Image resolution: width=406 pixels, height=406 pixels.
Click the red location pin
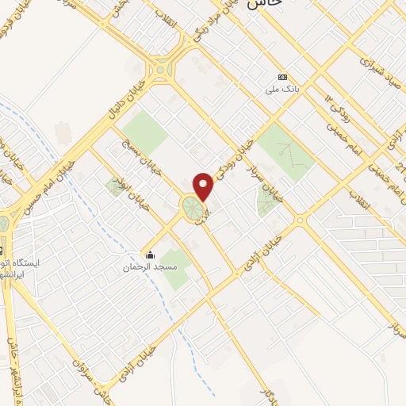pyautogui.click(x=204, y=186)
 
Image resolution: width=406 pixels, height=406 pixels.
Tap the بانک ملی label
pyautogui.click(x=283, y=90)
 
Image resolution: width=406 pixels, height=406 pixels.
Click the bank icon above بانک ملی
pyautogui.click(x=283, y=78)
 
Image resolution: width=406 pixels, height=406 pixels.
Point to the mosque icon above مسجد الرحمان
pyautogui.click(x=150, y=255)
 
